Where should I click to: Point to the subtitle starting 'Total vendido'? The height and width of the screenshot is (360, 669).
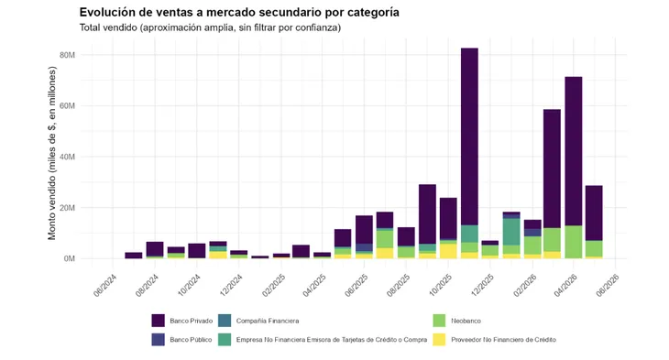pos(210,27)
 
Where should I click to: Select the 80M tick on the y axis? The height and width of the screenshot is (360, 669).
pos(68,55)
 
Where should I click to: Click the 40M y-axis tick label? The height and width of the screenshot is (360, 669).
pos(68,157)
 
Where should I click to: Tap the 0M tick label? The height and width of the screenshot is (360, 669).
pos(70,258)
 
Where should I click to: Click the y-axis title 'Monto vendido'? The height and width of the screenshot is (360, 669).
pos(51,153)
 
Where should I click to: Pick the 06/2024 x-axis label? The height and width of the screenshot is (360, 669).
pos(105,286)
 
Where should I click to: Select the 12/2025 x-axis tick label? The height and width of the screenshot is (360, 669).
pos(482,286)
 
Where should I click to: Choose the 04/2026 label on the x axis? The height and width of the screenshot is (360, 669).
pos(565,286)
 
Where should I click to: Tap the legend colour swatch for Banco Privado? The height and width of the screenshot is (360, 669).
pos(158,321)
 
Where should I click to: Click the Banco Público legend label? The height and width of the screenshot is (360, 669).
pos(191,340)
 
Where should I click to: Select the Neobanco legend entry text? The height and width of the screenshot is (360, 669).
pos(466,321)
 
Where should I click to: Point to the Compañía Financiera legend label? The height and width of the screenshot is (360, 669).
pos(268,321)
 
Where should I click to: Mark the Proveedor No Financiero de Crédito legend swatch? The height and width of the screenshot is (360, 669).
pos(439,340)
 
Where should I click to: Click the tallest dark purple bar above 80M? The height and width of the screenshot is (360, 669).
pos(469,136)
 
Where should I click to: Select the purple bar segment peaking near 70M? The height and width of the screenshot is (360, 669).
pos(574,151)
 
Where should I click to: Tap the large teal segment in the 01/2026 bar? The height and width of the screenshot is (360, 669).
pos(511,232)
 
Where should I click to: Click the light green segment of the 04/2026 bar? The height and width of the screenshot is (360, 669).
pos(574,242)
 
